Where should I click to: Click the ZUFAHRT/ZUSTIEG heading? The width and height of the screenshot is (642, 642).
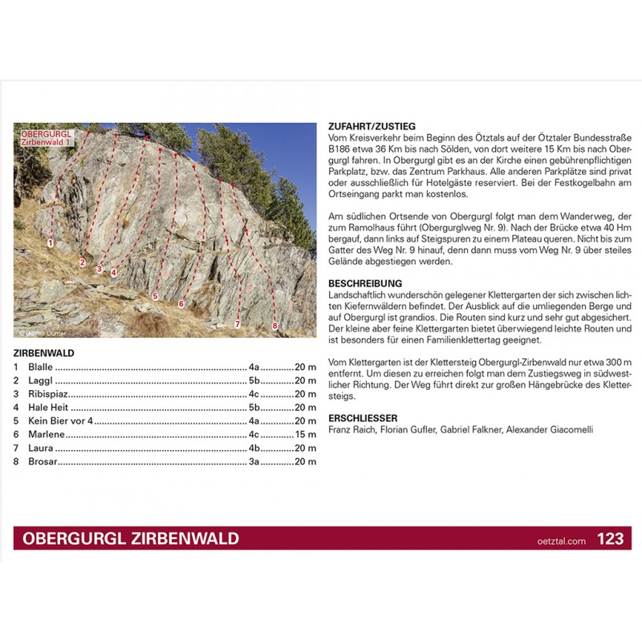[x=372, y=127]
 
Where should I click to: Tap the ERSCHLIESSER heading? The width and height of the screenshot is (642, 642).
[x=364, y=418]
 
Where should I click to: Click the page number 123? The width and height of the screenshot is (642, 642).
[x=610, y=539]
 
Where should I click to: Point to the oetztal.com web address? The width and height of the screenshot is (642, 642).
[x=562, y=541]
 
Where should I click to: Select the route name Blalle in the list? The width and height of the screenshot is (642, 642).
[x=40, y=367]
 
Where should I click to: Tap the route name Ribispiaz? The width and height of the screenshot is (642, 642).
[x=48, y=394]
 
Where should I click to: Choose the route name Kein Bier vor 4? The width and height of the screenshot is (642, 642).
[x=61, y=421]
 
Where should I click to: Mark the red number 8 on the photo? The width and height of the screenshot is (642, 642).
[x=274, y=326]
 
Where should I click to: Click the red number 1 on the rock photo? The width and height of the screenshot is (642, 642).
[x=50, y=242]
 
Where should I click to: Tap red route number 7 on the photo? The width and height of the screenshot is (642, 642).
[x=238, y=324]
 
